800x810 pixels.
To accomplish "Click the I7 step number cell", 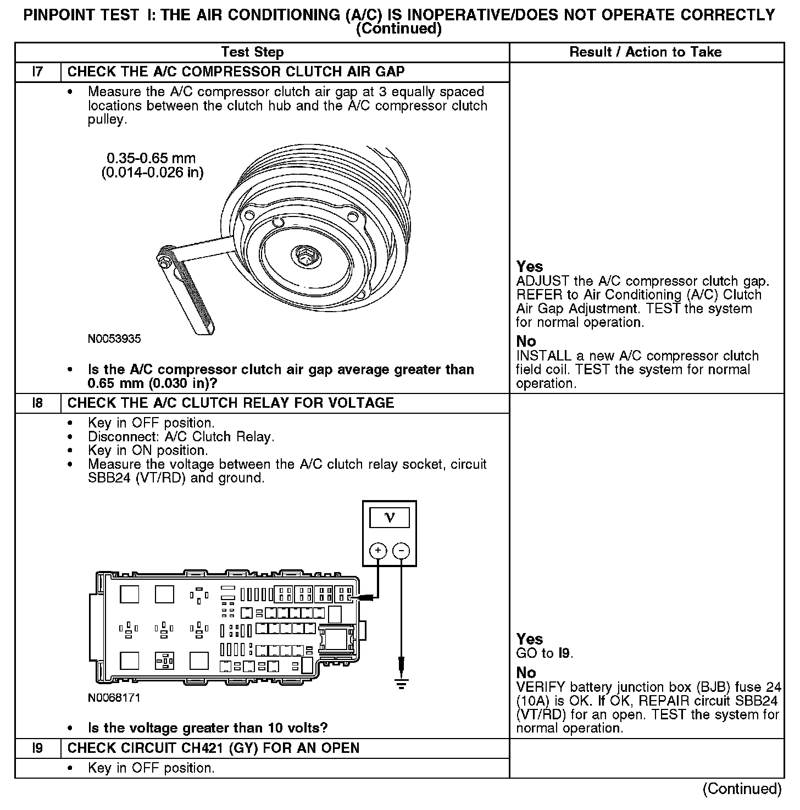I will [37, 72].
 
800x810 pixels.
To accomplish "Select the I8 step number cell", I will [37, 403].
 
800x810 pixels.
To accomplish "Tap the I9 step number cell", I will [37, 748].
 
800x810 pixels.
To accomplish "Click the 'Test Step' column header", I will [252, 53].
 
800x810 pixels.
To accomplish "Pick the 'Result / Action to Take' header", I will [646, 53].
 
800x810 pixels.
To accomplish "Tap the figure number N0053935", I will [114, 339].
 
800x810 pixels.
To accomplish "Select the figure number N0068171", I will [114, 698].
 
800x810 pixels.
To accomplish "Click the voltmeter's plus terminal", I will [378, 551].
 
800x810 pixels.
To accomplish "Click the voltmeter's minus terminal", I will [402, 551].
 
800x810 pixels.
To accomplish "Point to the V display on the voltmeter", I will [390, 518].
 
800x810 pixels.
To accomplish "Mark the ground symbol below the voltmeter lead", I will [402, 685].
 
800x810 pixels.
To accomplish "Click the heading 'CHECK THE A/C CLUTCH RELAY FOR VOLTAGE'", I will [231, 403].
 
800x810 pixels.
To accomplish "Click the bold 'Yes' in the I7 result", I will [530, 267].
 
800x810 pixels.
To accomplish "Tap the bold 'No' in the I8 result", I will [526, 673].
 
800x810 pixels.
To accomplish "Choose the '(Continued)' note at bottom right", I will [742, 789].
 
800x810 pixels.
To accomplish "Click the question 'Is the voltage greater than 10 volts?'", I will [208, 729].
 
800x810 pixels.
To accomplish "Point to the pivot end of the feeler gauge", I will [164, 257].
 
